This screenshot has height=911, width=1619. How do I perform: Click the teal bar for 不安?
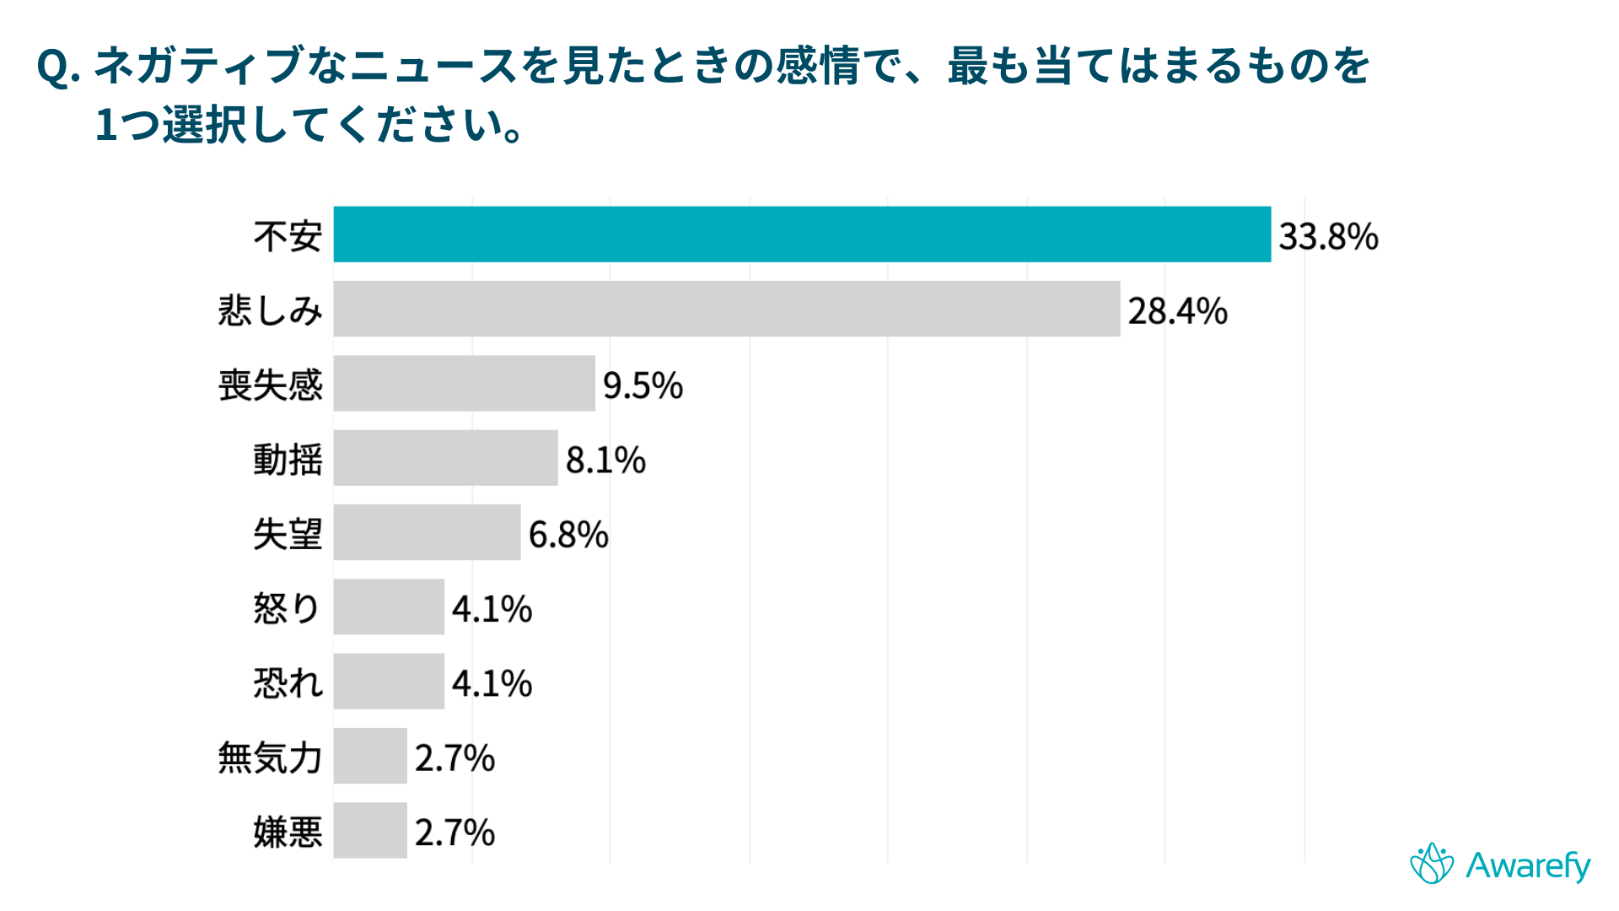801,234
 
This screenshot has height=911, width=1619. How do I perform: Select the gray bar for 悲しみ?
726,309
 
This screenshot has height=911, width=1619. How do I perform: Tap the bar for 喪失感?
464,383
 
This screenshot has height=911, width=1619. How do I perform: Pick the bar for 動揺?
445,458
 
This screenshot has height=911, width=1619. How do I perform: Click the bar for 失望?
427,532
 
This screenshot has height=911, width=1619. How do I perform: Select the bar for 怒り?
389,606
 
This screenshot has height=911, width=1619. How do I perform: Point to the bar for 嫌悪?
370,830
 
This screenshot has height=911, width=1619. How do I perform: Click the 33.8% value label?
1328,236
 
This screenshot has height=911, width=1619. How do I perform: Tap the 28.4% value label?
1177,311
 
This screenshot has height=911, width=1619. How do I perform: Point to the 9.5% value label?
643,385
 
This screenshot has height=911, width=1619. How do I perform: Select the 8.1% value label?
605,461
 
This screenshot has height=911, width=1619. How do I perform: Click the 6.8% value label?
568,535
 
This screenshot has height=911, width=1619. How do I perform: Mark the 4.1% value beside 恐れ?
492,683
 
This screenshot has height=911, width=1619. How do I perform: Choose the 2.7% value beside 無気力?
455,758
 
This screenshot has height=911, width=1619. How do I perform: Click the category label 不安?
288,236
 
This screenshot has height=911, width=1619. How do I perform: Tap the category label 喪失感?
271,385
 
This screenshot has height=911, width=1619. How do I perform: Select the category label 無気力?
271,757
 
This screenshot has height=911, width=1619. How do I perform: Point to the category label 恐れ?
288,683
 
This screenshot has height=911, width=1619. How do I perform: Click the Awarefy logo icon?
1432,864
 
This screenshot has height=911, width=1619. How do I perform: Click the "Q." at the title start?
58,67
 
